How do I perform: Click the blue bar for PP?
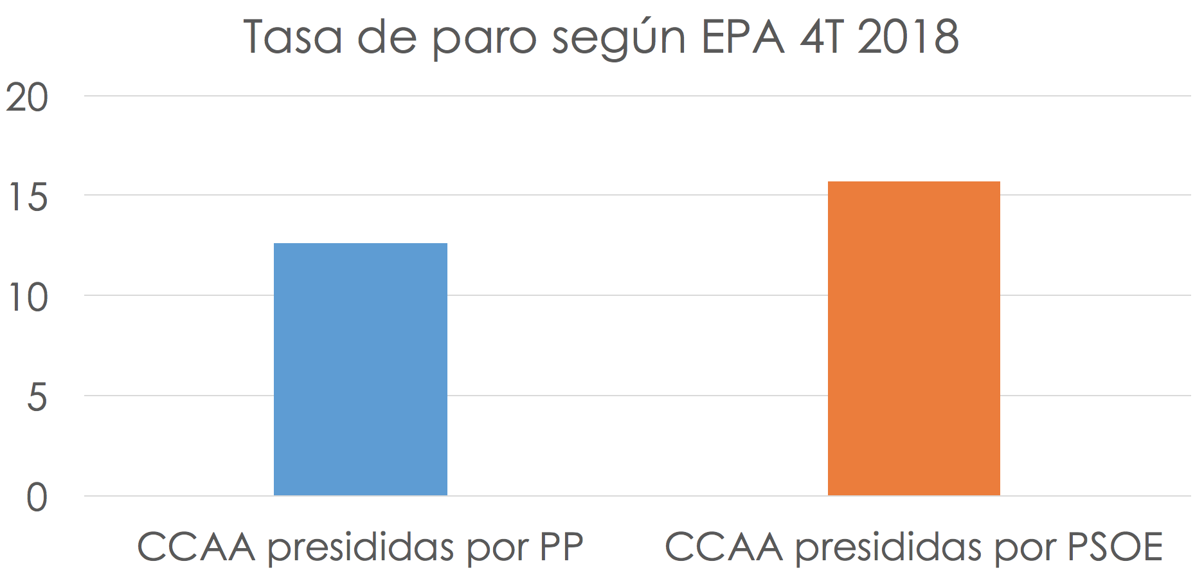point(360,369)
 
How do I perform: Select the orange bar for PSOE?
point(913,338)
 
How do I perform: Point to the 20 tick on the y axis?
point(28,99)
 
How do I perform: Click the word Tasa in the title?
point(292,37)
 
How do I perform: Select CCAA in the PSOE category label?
point(724,547)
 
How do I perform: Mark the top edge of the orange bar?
point(913,182)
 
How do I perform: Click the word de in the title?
point(383,37)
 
